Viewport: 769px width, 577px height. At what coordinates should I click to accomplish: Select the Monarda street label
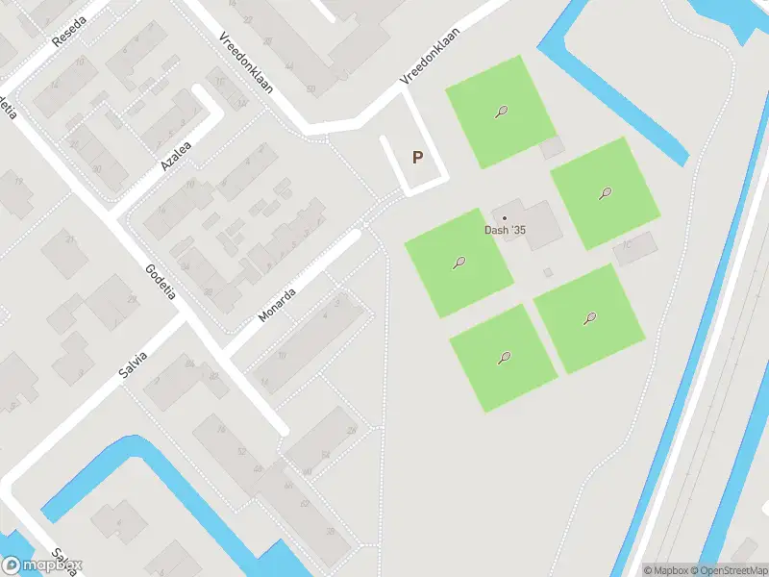[277, 303]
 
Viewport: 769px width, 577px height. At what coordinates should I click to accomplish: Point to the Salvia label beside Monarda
[134, 369]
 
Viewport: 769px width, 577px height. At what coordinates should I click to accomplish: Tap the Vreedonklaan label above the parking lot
[430, 56]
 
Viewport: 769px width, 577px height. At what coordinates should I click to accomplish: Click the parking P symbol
[417, 158]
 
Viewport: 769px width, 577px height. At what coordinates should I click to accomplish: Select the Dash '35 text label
[505, 230]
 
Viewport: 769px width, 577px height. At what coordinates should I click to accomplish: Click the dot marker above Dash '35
[504, 217]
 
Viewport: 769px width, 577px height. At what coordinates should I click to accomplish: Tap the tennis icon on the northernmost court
[501, 113]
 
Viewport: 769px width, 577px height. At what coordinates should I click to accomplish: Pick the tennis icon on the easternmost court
[605, 193]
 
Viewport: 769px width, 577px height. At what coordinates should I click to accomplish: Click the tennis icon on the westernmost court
[459, 263]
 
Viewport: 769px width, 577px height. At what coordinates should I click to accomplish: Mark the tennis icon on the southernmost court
[503, 359]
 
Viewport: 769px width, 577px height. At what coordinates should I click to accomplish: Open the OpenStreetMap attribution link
[728, 570]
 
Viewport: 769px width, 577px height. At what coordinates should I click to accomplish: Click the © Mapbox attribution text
[667, 570]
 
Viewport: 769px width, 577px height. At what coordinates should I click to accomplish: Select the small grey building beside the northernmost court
[552, 148]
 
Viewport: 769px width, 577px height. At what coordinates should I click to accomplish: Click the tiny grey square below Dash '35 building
[548, 272]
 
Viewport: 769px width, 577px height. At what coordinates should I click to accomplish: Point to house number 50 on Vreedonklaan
[310, 89]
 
